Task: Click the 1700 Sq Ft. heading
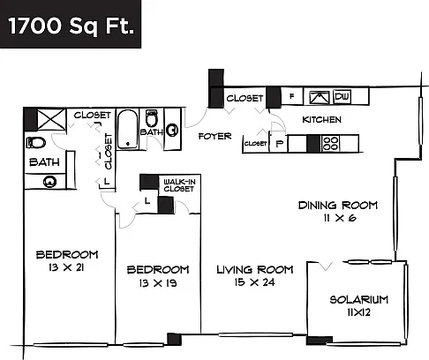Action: (71, 26)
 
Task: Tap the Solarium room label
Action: (359, 300)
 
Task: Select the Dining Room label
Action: (338, 206)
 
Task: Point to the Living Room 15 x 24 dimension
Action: (255, 282)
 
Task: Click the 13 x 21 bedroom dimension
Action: (67, 267)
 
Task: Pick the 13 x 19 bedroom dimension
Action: (158, 283)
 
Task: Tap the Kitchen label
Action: (322, 120)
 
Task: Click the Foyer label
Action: (214, 136)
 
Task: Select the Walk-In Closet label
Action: (179, 185)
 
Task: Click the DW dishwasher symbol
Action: (342, 97)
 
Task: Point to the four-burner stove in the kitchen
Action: (330, 144)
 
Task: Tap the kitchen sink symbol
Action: (320, 97)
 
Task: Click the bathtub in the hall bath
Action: (127, 130)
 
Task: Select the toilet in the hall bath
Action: (152, 118)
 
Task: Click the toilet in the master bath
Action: (36, 143)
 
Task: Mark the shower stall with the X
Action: (51, 119)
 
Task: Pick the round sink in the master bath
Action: (49, 182)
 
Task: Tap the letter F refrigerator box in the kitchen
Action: (292, 96)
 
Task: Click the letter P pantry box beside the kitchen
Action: (279, 143)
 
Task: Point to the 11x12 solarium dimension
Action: (359, 312)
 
